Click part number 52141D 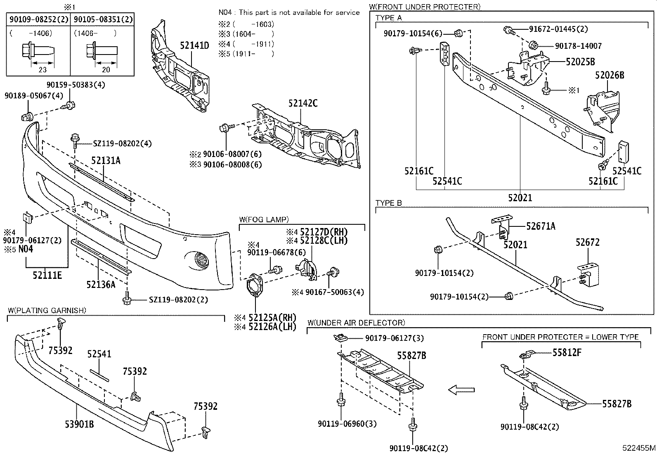pyautogui.click(x=194, y=45)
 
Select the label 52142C pyautogui.click(x=303, y=103)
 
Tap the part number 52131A pyautogui.click(x=106, y=161)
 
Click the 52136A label pyautogui.click(x=101, y=284)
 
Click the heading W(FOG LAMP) pyautogui.click(x=264, y=219)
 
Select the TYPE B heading pyautogui.click(x=388, y=203)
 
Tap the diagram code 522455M pyautogui.click(x=639, y=448)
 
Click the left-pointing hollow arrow pyautogui.click(x=461, y=389)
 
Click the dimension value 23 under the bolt pyautogui.click(x=42, y=69)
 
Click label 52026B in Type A pyautogui.click(x=609, y=75)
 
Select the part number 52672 pyautogui.click(x=587, y=242)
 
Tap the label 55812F pyautogui.click(x=567, y=352)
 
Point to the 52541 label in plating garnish pyautogui.click(x=99, y=354)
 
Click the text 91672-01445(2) pyautogui.click(x=558, y=29)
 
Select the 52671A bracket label pyautogui.click(x=541, y=226)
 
